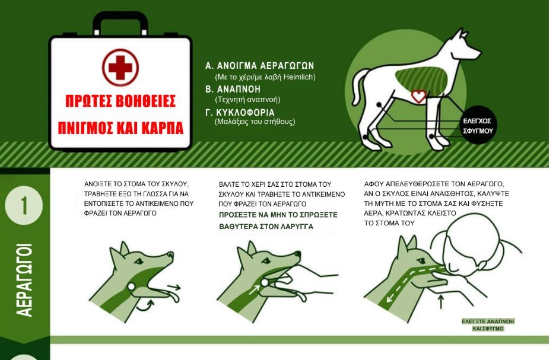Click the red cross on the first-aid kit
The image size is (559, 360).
(120, 68)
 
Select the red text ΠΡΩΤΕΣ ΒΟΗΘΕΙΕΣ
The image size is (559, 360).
(120, 101)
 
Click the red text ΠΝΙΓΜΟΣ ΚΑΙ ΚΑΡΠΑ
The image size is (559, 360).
(120, 128)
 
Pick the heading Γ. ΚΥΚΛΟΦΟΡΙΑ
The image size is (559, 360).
(249, 111)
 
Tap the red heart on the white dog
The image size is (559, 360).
(419, 96)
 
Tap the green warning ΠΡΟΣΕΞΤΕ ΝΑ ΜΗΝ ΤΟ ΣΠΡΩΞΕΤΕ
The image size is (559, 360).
(278, 214)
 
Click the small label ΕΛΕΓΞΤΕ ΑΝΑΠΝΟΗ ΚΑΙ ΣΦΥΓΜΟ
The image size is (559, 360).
(488, 324)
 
